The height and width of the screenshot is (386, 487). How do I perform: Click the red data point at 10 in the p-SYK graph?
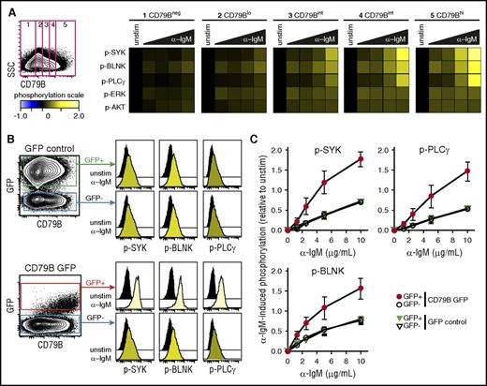[x=360, y=160]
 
